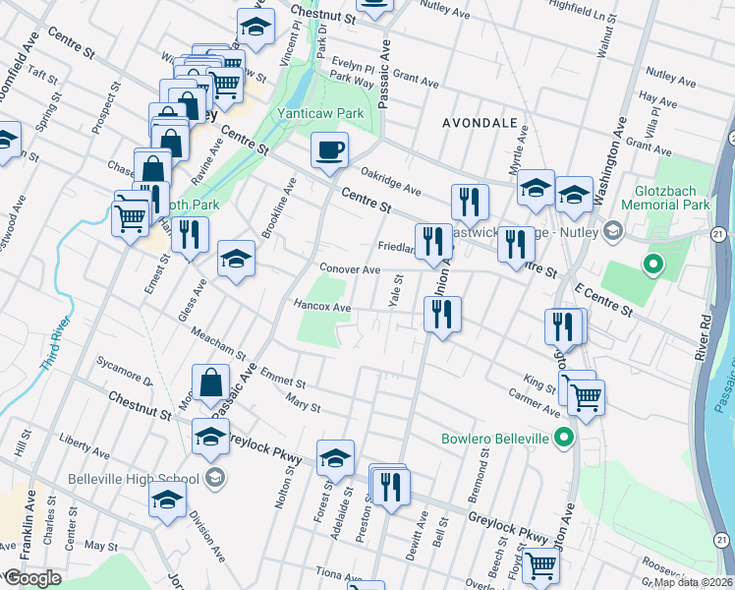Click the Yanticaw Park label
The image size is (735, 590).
click(x=319, y=113)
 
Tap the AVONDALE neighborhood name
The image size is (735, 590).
click(x=480, y=123)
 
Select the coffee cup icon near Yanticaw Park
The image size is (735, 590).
click(x=329, y=151)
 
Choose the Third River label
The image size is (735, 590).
click(x=56, y=343)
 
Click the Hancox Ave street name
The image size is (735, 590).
click(x=322, y=307)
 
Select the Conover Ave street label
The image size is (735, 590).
click(x=349, y=269)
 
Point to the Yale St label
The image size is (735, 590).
click(x=397, y=291)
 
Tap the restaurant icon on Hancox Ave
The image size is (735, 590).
click(x=442, y=315)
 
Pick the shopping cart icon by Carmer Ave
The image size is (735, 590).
click(x=586, y=397)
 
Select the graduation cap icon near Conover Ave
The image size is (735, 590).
click(x=236, y=260)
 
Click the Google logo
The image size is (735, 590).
click(x=31, y=578)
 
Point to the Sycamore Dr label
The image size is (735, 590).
click(x=125, y=371)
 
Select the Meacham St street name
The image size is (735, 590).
click(x=219, y=342)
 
